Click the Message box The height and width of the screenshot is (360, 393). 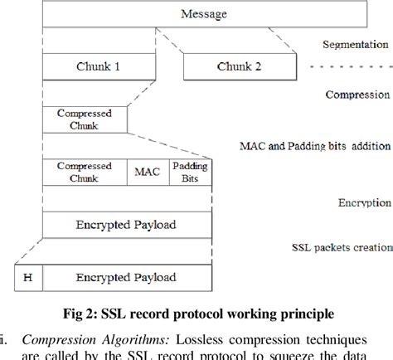point(202,15)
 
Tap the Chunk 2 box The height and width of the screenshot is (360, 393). point(238,66)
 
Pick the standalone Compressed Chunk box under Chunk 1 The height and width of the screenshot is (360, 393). point(85,119)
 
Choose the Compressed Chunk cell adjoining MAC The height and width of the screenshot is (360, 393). point(85,172)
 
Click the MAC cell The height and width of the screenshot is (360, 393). point(148,172)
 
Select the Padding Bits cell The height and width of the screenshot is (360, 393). point(190,172)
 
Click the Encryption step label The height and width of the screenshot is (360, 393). point(364,202)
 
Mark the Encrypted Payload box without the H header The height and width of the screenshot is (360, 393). point(126,224)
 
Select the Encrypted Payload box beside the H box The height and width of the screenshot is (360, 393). point(126,277)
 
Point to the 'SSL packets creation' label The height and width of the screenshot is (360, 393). point(341,247)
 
